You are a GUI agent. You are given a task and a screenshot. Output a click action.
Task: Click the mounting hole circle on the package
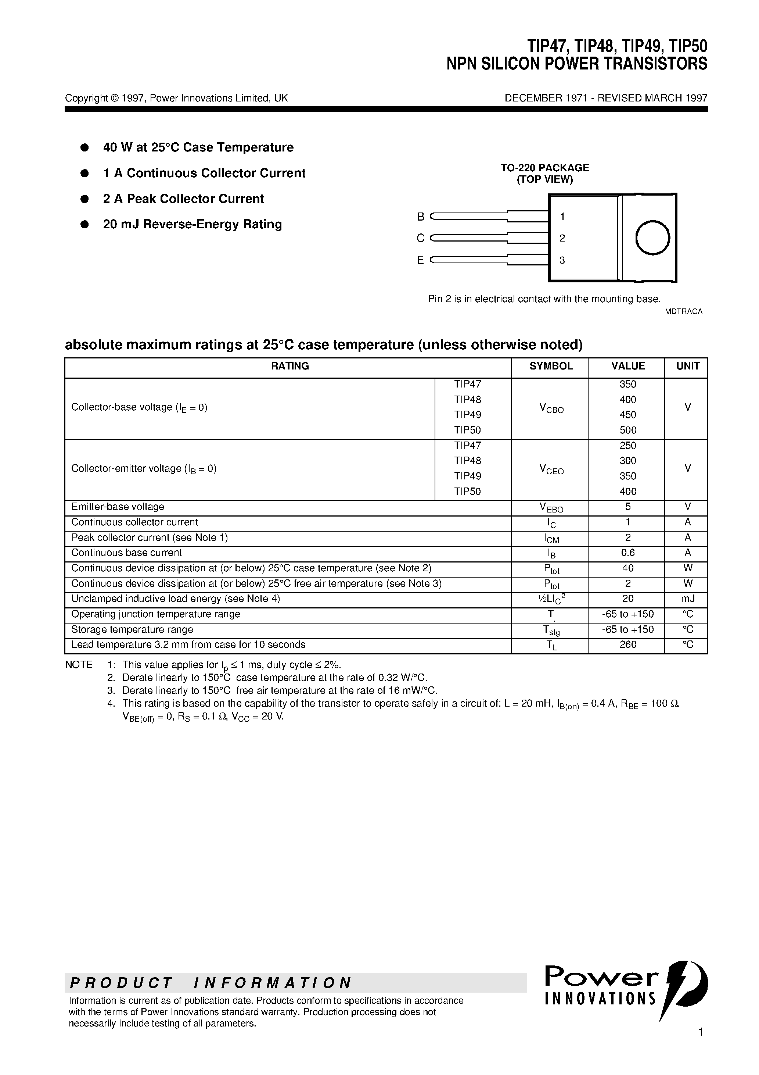click(652, 238)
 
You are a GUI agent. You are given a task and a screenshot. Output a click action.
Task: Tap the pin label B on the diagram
click(420, 217)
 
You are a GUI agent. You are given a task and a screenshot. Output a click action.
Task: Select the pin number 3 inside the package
click(562, 260)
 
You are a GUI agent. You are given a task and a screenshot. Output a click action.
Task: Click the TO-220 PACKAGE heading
click(545, 168)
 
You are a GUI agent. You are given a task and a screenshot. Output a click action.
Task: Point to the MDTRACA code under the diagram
click(683, 311)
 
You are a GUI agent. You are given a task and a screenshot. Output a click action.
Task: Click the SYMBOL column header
click(551, 366)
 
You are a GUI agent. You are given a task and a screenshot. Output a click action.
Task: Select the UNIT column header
click(687, 366)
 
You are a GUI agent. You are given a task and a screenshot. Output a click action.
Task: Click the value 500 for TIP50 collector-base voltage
click(627, 430)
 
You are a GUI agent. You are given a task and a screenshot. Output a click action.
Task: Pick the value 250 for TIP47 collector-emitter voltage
click(627, 445)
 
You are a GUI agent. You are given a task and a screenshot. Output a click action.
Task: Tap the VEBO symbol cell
click(551, 507)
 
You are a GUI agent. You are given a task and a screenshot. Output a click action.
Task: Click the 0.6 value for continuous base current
click(627, 553)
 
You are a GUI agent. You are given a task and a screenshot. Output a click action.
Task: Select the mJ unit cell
click(687, 599)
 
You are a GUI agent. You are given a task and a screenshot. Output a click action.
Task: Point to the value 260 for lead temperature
click(627, 645)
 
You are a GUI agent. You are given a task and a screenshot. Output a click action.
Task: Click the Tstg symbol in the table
click(551, 630)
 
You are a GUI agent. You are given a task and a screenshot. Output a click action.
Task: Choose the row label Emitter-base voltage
click(118, 507)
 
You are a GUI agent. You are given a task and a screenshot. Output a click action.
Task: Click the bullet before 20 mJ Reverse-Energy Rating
click(85, 225)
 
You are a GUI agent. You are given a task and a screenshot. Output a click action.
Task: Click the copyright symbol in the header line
click(115, 98)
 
